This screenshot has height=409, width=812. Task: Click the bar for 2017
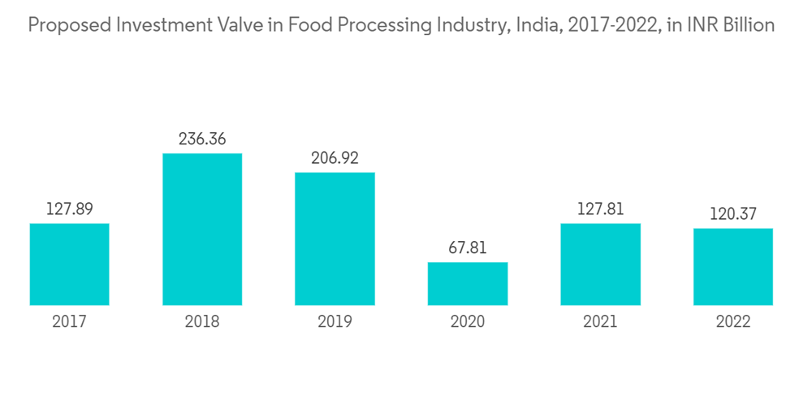click(x=69, y=265)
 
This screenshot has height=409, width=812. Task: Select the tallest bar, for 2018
click(x=202, y=230)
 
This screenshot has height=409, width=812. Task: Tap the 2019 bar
click(x=335, y=239)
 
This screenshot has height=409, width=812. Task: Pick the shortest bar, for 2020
click(x=468, y=284)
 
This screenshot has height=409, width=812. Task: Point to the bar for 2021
click(x=601, y=265)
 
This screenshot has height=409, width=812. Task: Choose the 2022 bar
click(x=733, y=267)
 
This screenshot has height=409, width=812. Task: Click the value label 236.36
click(x=202, y=139)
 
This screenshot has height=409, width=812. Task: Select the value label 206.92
click(x=335, y=157)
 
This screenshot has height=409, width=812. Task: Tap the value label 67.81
click(x=468, y=248)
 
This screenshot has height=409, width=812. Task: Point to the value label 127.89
click(x=69, y=209)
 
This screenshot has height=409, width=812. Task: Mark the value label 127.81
click(x=601, y=209)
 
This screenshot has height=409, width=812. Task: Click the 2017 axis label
click(x=69, y=322)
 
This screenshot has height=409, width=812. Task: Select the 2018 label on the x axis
click(x=202, y=322)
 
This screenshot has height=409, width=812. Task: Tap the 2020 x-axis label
click(x=468, y=322)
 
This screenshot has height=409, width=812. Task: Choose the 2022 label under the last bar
click(x=733, y=322)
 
